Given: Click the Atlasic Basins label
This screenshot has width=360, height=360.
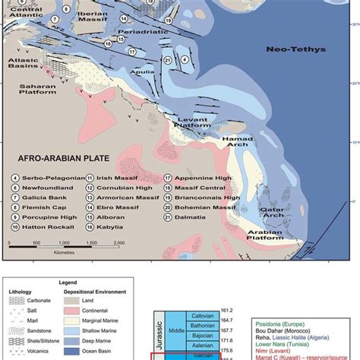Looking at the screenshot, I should (x=25, y=62).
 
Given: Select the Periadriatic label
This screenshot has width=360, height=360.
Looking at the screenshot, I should (x=139, y=33).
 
